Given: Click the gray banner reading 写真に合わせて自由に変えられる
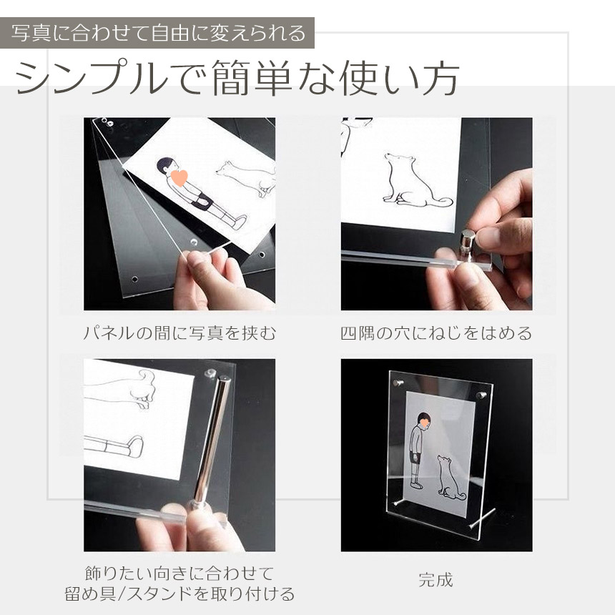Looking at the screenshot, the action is tap(157, 33).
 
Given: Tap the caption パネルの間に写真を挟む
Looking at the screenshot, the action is tap(179, 333).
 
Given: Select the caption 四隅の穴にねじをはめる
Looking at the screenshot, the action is tap(436, 333).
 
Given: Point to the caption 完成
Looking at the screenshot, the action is tap(436, 580).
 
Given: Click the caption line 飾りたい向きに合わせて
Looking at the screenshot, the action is tap(179, 574).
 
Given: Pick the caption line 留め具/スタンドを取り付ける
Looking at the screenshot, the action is tap(179, 594).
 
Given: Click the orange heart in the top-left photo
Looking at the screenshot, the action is tap(179, 177).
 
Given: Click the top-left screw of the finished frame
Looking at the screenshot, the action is tap(398, 382).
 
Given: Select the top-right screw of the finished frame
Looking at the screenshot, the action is tap(482, 395).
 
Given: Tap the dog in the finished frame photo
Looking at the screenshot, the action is tap(451, 478).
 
